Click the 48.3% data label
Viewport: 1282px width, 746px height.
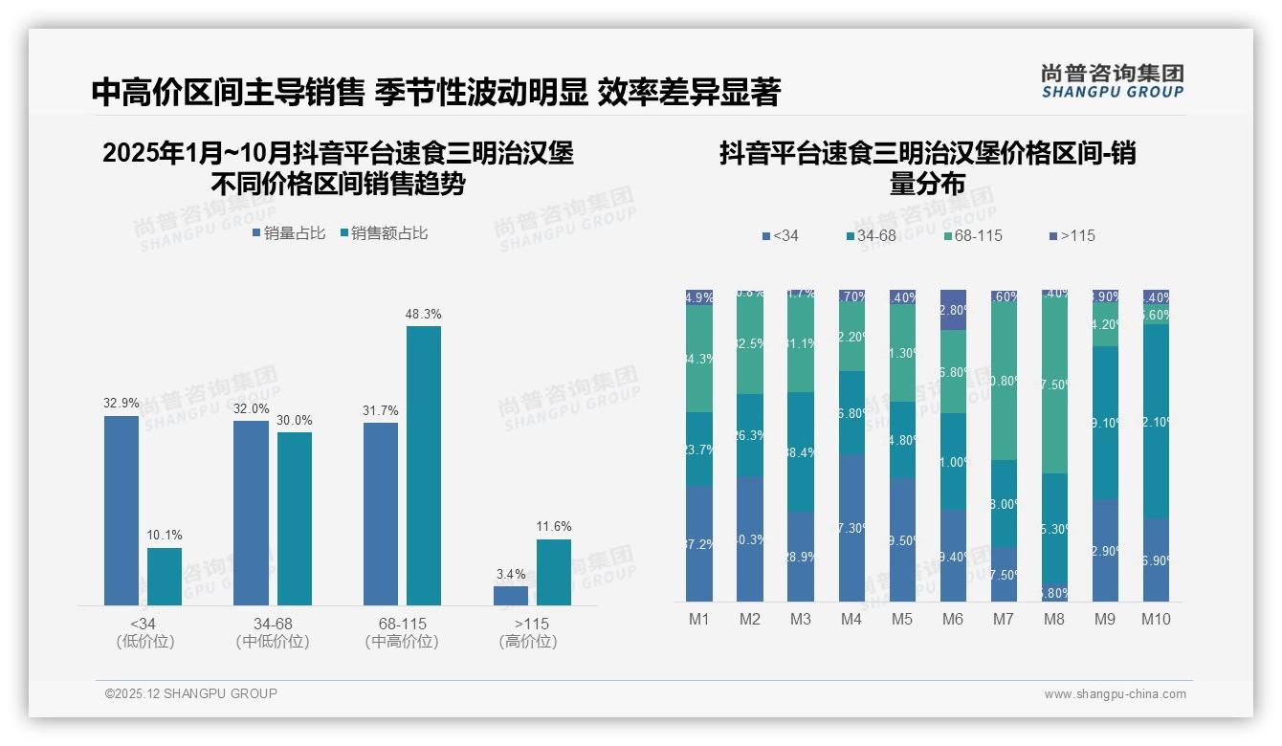pos(424,314)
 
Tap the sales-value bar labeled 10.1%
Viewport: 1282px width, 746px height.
pos(165,576)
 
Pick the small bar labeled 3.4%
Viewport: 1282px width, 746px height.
pos(511,595)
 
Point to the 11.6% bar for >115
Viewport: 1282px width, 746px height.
pos(554,572)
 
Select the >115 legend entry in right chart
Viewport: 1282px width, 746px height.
pos(1072,235)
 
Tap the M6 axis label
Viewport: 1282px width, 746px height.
pos(952,619)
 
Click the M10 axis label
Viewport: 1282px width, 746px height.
pos(1155,619)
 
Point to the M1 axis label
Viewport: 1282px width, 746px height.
pos(699,619)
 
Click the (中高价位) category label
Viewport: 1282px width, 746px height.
pos(402,642)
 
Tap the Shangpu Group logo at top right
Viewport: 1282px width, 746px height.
pos(1112,80)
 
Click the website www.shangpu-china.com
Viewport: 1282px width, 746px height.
pos(1115,694)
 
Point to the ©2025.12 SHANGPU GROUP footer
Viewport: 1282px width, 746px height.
pos(191,693)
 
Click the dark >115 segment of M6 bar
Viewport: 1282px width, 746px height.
pos(953,309)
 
